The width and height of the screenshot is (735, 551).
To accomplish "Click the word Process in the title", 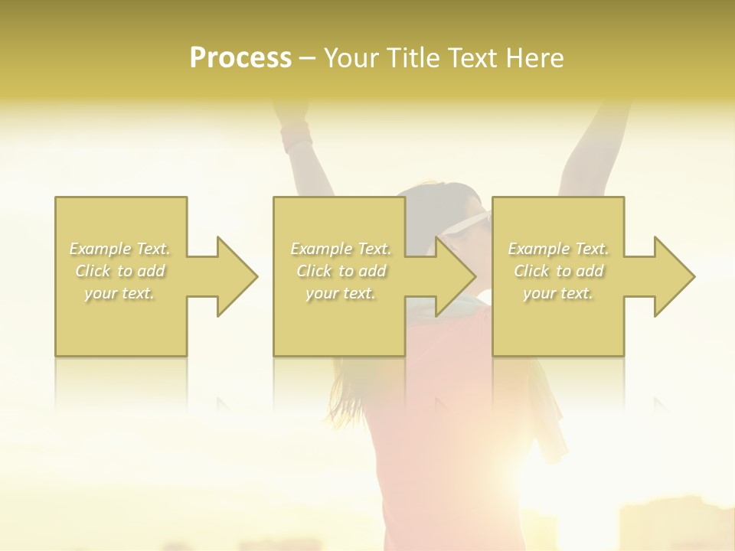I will (x=240, y=57).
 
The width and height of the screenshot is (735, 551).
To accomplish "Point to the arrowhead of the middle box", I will (x=454, y=276).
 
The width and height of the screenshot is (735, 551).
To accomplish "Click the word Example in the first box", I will (x=100, y=249).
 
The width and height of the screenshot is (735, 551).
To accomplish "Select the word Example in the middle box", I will (x=320, y=249).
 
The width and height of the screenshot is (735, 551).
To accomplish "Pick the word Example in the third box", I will (x=538, y=249).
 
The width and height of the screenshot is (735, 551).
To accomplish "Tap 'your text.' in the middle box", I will (x=340, y=293).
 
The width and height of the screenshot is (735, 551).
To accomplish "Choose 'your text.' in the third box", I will (x=558, y=293).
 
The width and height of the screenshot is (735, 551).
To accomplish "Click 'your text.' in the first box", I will (x=119, y=293).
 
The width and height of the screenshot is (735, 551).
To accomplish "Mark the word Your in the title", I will (x=351, y=57).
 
